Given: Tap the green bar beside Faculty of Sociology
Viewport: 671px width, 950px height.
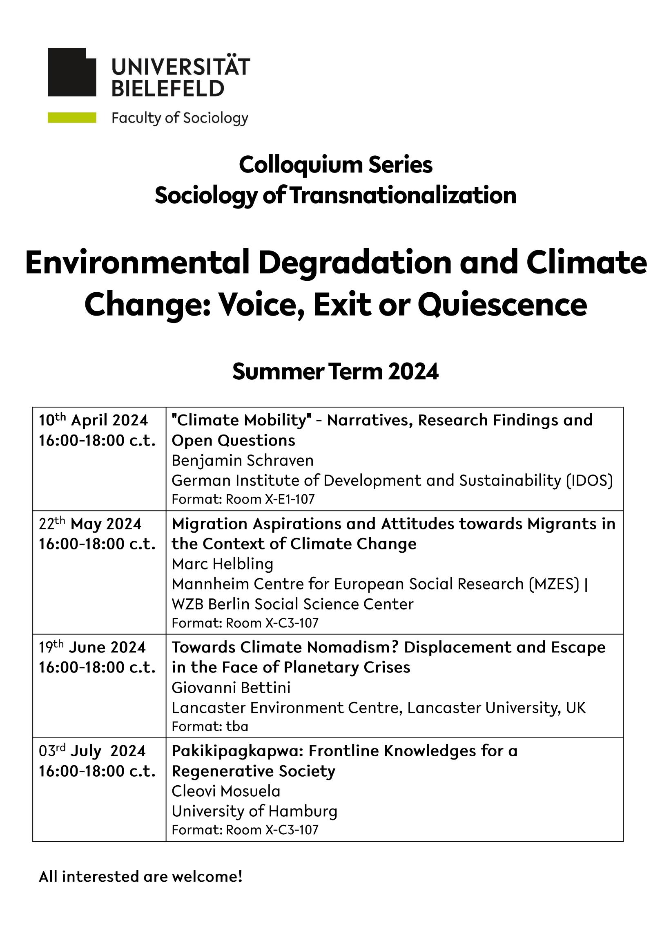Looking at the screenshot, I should pos(72,118).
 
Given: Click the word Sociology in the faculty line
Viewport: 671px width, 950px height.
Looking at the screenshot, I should pos(215,118).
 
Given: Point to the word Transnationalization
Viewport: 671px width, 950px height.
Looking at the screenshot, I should pos(403,195).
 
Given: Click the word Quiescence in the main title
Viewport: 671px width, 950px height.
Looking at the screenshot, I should pos(502,305).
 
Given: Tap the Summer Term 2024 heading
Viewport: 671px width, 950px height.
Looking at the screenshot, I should pos(335,372).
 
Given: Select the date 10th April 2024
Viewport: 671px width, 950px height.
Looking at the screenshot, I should pos(94,420).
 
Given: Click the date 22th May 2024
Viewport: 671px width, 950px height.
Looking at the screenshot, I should pos(90,524).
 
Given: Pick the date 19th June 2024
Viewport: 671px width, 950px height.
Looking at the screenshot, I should pos(92,648).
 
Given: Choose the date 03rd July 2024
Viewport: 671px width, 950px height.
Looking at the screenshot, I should pos(92,751).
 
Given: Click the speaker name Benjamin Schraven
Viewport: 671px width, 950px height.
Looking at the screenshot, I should pos(243,461).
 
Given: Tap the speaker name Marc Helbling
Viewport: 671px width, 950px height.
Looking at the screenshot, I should pos(223,564).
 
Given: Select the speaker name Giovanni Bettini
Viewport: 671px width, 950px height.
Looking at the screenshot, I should pos(231,688).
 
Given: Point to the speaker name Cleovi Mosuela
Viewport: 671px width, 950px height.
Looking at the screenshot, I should pos(226,791).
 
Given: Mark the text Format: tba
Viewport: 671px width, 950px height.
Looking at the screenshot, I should pos(210,726).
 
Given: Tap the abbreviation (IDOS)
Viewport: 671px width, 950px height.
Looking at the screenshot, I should pos(589,480).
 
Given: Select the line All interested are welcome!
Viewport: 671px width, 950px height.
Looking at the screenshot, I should pos(140,877).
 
